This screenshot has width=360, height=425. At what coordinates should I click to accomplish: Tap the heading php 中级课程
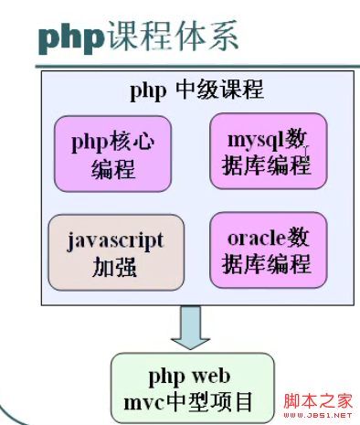pyautogui.click(x=196, y=90)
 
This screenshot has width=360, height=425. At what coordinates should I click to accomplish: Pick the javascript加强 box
pyautogui.click(x=115, y=251)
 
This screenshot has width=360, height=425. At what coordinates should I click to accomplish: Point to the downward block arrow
pyautogui.click(x=192, y=326)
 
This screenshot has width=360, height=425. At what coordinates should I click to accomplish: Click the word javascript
pyautogui.click(x=115, y=240)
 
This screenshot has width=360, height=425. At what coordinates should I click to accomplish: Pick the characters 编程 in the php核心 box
pyautogui.click(x=113, y=168)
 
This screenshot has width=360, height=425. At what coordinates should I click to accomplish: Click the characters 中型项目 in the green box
pyautogui.click(x=215, y=400)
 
